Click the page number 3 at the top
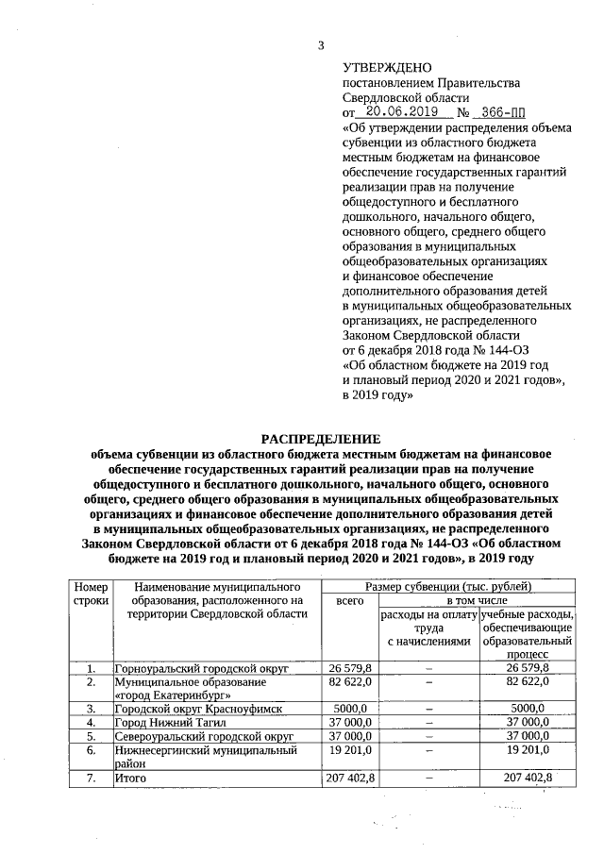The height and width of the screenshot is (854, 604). pyautogui.click(x=321, y=45)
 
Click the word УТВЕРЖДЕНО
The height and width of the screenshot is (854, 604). pyautogui.click(x=386, y=68)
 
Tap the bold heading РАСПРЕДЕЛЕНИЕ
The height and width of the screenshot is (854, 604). pyautogui.click(x=320, y=439)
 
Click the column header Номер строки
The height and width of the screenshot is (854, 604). pyautogui.click(x=91, y=594)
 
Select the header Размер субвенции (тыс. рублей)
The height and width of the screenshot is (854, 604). pyautogui.click(x=451, y=587)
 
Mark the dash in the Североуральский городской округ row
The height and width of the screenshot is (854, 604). pyautogui.click(x=428, y=735)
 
